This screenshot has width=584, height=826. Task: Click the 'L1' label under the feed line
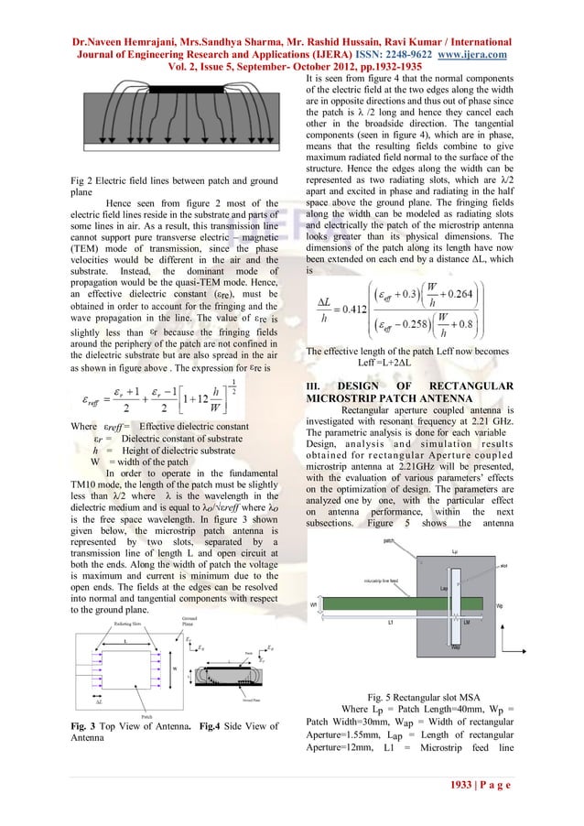tap(390, 623)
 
